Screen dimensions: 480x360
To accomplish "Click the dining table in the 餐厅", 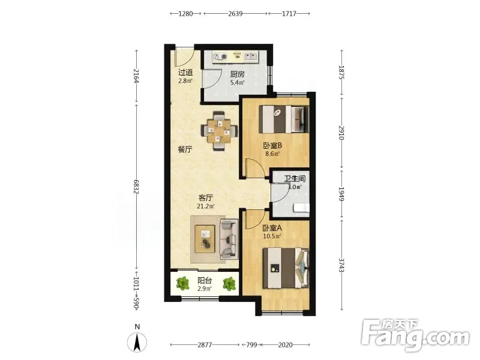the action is coord(219,131).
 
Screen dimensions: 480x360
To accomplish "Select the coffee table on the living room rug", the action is coord(205,239).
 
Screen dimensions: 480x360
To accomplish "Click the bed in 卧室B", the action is coord(283,119).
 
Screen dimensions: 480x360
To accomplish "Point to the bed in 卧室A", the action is coord(286,268).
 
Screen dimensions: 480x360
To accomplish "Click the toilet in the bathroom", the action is coord(301,208).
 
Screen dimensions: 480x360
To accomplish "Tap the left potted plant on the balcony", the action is coord(183,283).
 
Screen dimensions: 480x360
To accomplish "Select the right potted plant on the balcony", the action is coord(229,283).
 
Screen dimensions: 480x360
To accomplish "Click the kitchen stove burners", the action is coord(220,56).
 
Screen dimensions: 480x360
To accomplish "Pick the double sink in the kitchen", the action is coord(251,56).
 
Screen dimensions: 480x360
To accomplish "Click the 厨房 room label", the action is coord(237,74).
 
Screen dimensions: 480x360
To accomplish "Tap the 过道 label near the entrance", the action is coord(185,73).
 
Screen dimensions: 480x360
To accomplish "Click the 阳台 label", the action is coord(205,280).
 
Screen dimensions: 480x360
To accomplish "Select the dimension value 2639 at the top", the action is coord(235,13).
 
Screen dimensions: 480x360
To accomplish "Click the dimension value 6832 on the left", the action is coord(137,187).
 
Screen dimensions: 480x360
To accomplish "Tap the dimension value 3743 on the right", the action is coord(341,265).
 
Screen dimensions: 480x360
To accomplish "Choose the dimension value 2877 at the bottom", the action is coord(205,345).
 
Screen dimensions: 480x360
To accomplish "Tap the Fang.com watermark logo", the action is coord(415,335).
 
